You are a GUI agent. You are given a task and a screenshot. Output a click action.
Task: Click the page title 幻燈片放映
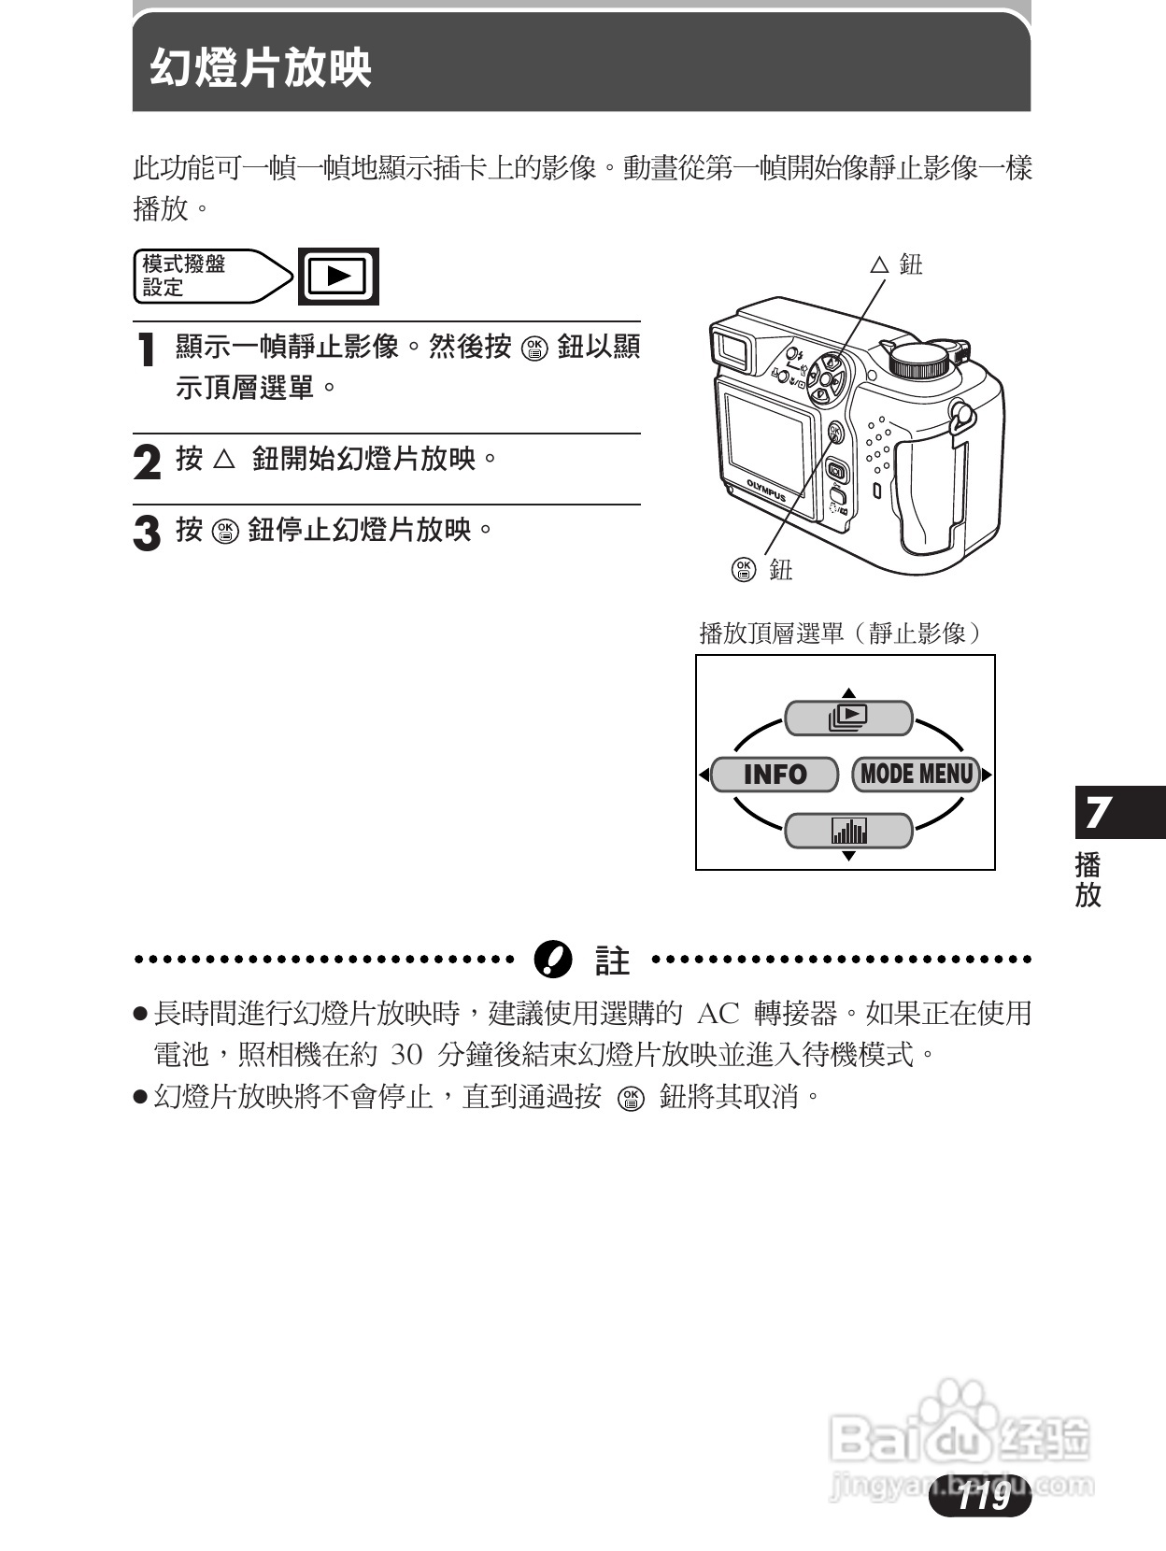[x=261, y=67]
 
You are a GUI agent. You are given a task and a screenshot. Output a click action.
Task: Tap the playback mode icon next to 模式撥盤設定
[x=338, y=276]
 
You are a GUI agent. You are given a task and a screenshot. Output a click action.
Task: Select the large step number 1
[x=146, y=350]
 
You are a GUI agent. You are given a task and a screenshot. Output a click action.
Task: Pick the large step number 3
[x=147, y=534]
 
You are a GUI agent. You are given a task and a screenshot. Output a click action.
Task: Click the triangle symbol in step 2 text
[x=224, y=459]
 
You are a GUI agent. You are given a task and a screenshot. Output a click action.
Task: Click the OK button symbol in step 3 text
[x=225, y=531]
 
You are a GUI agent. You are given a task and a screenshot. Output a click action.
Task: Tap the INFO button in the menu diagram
[x=775, y=775]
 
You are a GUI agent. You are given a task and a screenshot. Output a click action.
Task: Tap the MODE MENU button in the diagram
[x=916, y=775]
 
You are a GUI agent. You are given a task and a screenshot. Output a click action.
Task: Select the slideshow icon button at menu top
[x=847, y=718]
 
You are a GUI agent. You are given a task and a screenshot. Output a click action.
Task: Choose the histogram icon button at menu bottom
[x=847, y=831]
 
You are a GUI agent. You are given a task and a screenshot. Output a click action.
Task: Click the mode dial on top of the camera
[x=923, y=360]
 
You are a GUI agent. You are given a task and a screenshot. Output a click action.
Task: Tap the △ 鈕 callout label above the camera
[x=897, y=264]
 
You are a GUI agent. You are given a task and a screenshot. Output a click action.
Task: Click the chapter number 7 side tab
[x=1099, y=812]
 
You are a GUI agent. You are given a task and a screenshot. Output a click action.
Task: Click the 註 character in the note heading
[x=612, y=960]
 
